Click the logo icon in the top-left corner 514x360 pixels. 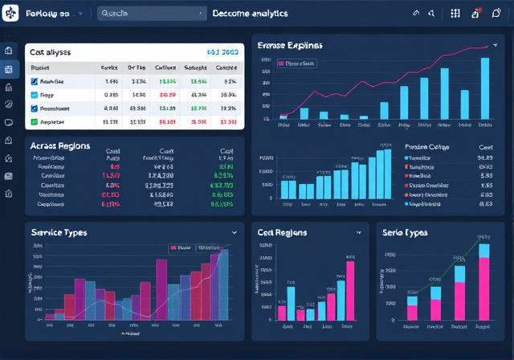click(x=10, y=14)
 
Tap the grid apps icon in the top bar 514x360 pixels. click(x=455, y=14)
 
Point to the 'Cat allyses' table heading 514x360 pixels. click(x=51, y=51)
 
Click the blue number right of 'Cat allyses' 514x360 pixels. click(x=224, y=51)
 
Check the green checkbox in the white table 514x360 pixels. click(x=34, y=121)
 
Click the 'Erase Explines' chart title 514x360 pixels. click(x=290, y=47)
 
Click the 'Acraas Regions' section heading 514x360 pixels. click(x=60, y=147)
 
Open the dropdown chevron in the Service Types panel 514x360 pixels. click(x=234, y=231)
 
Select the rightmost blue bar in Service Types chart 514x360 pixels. click(x=224, y=285)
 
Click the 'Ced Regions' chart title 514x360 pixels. click(x=282, y=232)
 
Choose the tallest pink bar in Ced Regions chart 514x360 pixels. click(x=350, y=290)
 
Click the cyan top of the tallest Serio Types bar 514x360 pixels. click(x=484, y=251)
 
